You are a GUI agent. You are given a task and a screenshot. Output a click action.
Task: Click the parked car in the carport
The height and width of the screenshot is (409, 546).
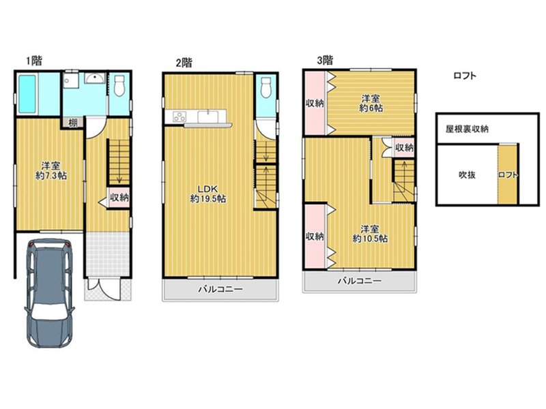pyautogui.click(x=49, y=293)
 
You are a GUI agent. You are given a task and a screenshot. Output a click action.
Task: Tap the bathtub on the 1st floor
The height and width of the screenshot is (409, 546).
pyautogui.click(x=27, y=94)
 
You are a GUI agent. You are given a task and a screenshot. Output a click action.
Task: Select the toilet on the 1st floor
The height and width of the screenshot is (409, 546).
pyautogui.click(x=119, y=85)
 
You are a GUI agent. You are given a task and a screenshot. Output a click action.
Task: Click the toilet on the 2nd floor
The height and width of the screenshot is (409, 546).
pyautogui.click(x=266, y=87)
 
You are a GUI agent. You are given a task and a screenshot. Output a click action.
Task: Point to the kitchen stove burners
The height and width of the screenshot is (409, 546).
pyautogui.click(x=179, y=116)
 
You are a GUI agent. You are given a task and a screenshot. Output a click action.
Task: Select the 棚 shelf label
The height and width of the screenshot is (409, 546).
pyautogui.click(x=72, y=123)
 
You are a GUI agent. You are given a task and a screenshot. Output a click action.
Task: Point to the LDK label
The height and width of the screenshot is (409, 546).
pyautogui.click(x=208, y=189)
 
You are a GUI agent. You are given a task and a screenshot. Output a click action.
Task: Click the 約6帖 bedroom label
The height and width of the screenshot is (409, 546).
pyautogui.click(x=371, y=108)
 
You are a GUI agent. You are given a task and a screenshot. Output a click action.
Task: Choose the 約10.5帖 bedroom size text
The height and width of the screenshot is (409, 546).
pyautogui.click(x=370, y=239)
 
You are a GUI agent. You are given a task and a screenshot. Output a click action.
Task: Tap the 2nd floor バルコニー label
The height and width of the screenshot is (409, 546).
pyautogui.click(x=220, y=289)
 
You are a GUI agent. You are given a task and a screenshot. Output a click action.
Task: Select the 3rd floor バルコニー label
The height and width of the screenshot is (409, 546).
pyautogui.click(x=360, y=281)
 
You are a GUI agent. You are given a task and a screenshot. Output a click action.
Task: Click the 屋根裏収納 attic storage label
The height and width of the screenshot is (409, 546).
pyautogui.click(x=467, y=129)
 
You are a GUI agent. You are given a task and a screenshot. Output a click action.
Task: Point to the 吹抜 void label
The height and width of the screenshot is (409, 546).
pyautogui.click(x=467, y=175)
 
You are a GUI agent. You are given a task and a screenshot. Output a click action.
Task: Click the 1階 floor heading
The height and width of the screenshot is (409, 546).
pyautogui.click(x=33, y=61)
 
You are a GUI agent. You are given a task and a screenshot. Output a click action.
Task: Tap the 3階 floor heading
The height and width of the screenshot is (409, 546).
pyautogui.click(x=325, y=60)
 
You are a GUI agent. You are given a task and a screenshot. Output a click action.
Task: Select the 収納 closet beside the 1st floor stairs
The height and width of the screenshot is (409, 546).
pyautogui.click(x=119, y=198)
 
